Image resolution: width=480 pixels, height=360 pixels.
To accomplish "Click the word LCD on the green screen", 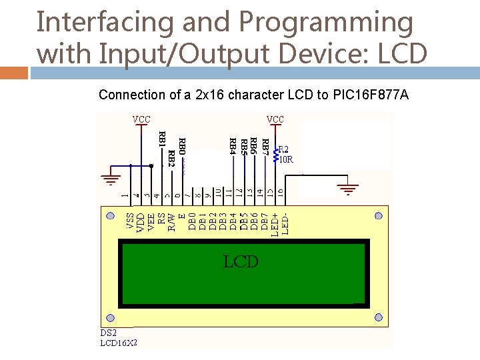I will pyautogui.click(x=241, y=261).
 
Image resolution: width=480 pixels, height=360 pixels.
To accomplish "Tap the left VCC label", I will pyautogui.click(x=141, y=119).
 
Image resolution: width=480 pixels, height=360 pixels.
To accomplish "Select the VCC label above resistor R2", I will pyautogui.click(x=275, y=119).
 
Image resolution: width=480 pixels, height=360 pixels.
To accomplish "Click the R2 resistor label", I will pyautogui.click(x=284, y=149).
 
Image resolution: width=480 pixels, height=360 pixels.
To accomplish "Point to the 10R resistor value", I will pyautogui.click(x=285, y=159).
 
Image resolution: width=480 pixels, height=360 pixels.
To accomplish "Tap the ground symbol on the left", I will pyautogui.click(x=111, y=179).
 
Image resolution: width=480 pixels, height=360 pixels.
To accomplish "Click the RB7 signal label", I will pyautogui.click(x=265, y=143).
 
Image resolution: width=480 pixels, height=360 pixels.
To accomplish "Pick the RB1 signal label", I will pyautogui.click(x=161, y=139).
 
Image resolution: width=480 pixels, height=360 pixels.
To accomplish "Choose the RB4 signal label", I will pyautogui.click(x=232, y=143).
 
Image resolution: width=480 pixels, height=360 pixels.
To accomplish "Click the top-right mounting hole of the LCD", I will pyautogui.click(x=379, y=215).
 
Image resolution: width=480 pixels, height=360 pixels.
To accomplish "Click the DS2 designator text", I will pyautogui.click(x=109, y=333).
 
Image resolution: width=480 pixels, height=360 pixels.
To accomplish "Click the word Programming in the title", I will pyautogui.click(x=325, y=22).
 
